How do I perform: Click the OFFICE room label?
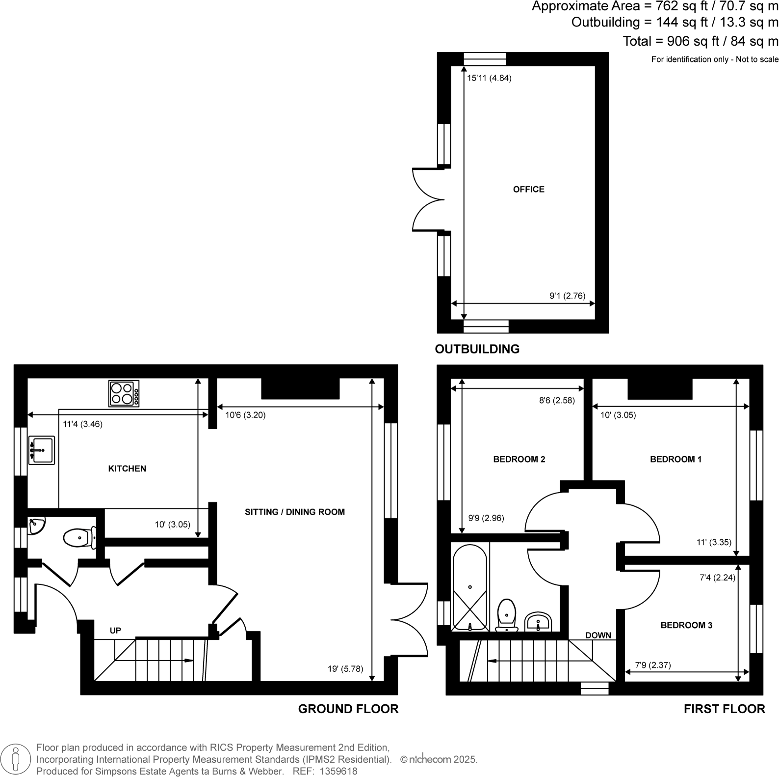click(528, 189)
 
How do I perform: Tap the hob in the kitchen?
click(124, 393)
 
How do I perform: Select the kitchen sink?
click(41, 449)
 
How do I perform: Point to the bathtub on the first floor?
click(470, 587)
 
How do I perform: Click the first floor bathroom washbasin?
click(538, 622)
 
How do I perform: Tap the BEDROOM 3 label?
click(686, 625)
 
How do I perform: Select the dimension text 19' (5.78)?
click(345, 668)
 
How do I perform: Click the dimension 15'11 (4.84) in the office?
click(489, 78)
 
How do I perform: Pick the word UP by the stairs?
click(115, 631)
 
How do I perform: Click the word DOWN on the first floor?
click(598, 635)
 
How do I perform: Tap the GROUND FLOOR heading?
click(348, 709)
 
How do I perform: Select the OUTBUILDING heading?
click(477, 349)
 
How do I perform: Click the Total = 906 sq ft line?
click(700, 41)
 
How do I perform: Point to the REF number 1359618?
click(338, 771)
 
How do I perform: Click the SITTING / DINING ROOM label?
click(294, 512)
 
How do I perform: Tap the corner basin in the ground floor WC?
click(36, 526)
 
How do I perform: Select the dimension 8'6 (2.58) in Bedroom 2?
click(556, 400)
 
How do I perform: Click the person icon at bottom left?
click(16, 759)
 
